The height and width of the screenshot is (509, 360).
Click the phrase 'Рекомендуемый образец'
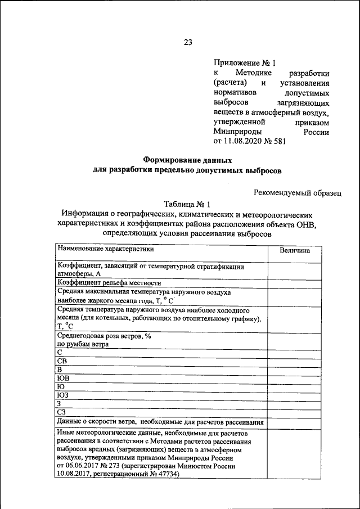pyautogui.click(x=297, y=193)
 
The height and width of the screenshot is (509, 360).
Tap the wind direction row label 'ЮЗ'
pyautogui.click(x=62, y=395)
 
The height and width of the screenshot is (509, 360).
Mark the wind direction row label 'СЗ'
pyautogui.click(x=62, y=412)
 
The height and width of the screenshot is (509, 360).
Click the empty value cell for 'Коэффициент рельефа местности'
pyautogui.click(x=295, y=283)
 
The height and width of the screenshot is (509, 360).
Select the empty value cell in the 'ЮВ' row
pyautogui.click(x=295, y=378)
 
